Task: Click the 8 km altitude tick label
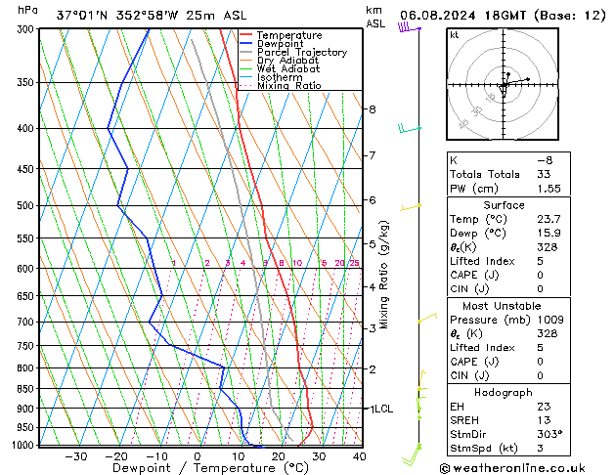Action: (x=373, y=109)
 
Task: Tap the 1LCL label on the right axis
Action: (x=378, y=409)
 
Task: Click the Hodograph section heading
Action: (x=504, y=392)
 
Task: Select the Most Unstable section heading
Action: (x=504, y=305)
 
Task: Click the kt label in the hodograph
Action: (x=454, y=35)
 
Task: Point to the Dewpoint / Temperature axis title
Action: (x=184, y=468)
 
